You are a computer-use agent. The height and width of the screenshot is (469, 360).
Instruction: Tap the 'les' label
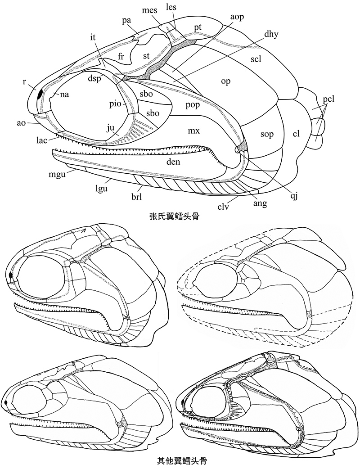171,8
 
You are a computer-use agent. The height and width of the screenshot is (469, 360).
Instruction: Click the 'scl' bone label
256,59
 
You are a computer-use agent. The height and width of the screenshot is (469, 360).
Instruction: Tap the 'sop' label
268,134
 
